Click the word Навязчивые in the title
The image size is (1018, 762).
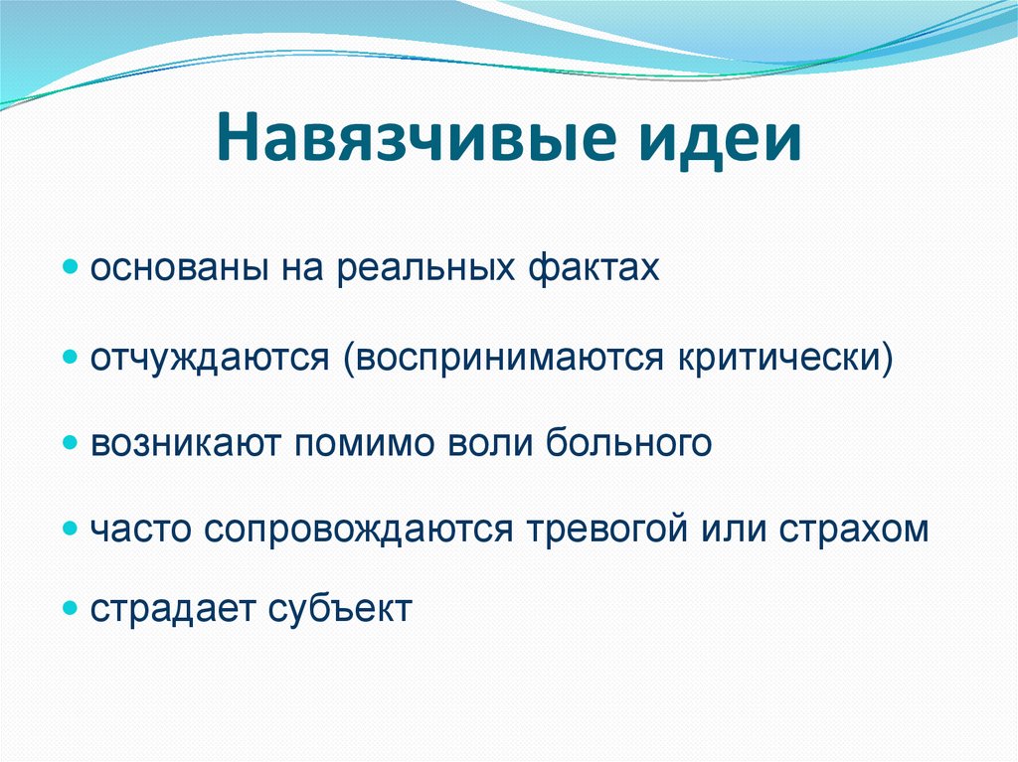[417, 138]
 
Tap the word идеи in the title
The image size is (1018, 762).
[720, 138]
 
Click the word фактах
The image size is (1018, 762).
[594, 266]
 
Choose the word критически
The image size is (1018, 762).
[778, 356]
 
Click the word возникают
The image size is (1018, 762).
[186, 443]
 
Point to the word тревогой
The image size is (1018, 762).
[607, 529]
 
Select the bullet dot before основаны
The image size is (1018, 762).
[71, 267]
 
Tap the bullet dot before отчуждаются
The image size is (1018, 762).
[71, 357]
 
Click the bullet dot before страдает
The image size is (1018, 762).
[71, 609]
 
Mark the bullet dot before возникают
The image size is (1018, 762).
[71, 443]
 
